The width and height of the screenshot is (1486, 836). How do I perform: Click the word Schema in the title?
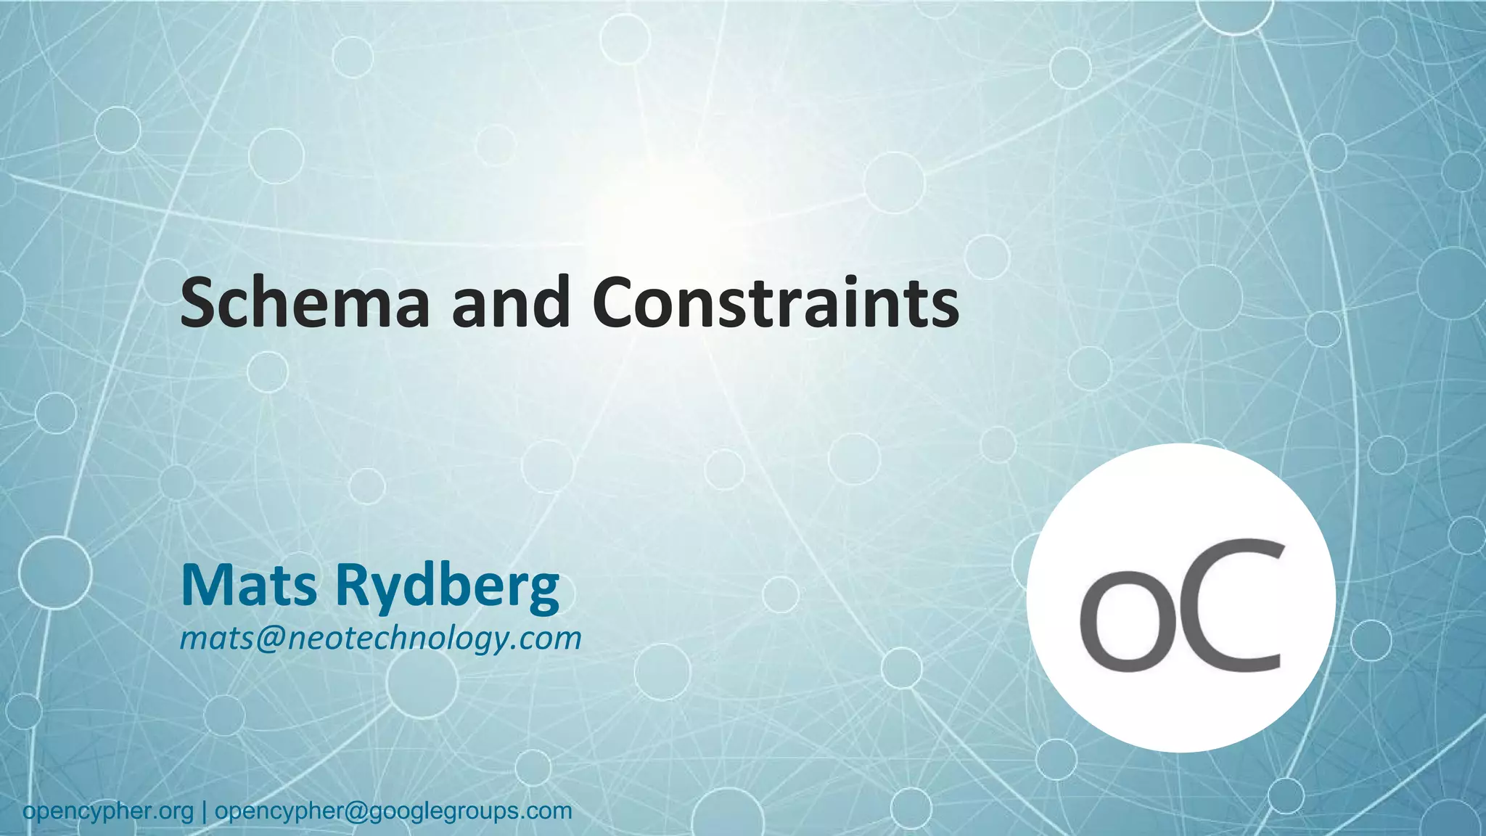click(305, 303)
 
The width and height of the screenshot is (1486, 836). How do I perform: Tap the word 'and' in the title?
click(511, 303)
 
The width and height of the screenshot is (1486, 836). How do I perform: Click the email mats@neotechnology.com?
click(381, 639)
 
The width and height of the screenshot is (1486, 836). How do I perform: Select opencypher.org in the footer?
click(108, 811)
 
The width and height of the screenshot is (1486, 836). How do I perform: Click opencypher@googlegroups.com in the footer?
click(394, 811)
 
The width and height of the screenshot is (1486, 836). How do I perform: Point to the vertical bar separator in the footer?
click(205, 811)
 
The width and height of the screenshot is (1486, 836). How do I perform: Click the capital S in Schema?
click(198, 303)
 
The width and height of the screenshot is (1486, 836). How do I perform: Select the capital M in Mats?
click(205, 585)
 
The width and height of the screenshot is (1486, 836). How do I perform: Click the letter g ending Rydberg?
click(542, 591)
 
